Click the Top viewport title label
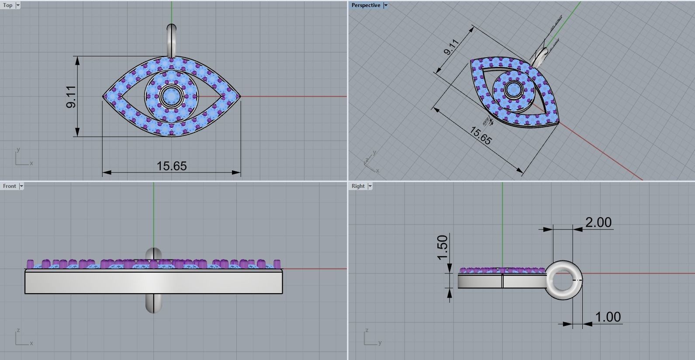(x=8, y=5)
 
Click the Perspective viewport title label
(x=366, y=5)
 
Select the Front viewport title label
(x=9, y=186)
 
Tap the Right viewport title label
(x=358, y=186)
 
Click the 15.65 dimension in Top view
(x=172, y=166)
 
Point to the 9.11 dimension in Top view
(x=71, y=97)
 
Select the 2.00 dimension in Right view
(x=598, y=222)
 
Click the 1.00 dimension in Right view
(x=608, y=317)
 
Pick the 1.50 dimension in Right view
(x=443, y=247)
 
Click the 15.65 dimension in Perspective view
(x=480, y=136)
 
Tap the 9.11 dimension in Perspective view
(x=451, y=47)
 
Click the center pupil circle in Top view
(x=171, y=94)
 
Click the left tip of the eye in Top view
(x=104, y=97)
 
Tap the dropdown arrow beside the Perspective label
(x=385, y=5)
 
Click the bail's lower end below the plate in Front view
(x=153, y=303)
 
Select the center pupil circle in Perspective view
(x=513, y=90)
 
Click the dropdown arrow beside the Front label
(x=21, y=186)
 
